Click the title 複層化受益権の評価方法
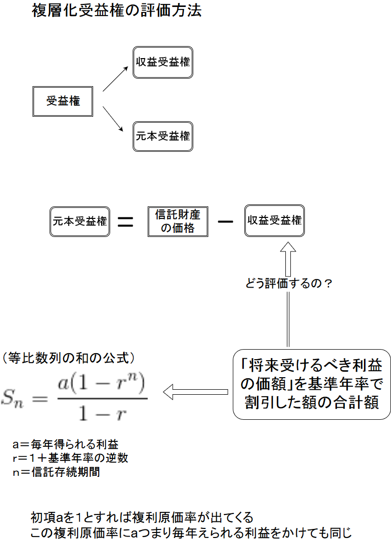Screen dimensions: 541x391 point(116,11)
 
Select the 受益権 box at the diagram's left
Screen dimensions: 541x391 point(63,101)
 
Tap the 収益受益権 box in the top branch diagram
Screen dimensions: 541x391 point(163,63)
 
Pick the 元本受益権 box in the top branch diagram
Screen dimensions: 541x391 point(163,136)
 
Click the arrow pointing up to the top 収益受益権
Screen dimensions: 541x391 point(115,79)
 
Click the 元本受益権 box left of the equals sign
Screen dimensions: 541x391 point(80,221)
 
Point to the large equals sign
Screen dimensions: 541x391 point(125,222)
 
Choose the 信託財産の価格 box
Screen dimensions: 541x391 point(178,221)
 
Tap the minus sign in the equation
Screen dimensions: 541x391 point(226,221)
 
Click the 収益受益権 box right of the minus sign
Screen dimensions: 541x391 point(274,221)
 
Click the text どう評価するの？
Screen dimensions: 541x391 point(289,284)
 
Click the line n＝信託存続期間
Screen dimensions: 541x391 point(56,472)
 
